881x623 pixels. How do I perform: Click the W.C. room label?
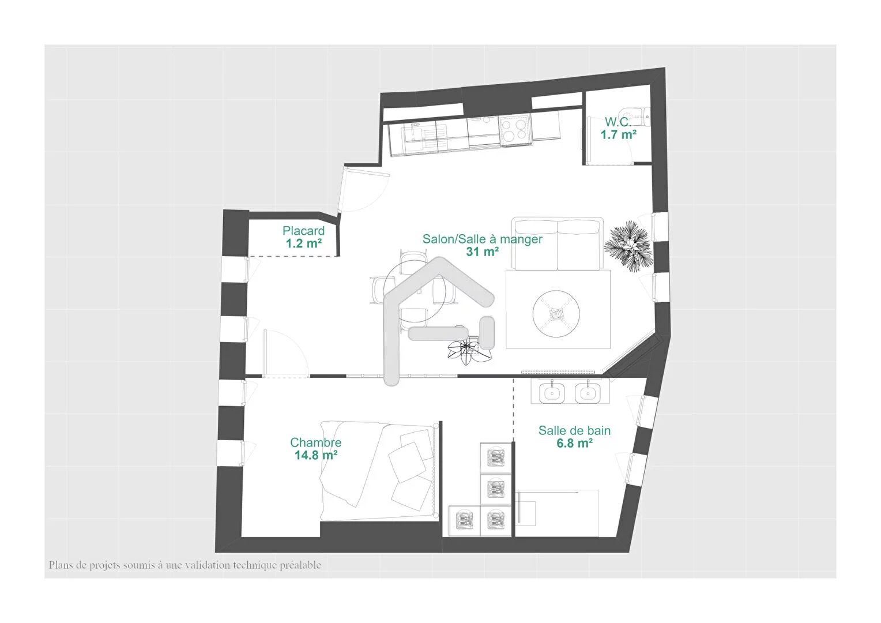(618, 122)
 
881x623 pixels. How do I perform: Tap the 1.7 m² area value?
(618, 134)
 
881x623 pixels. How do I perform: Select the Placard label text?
(304, 231)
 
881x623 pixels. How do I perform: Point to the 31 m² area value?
(482, 252)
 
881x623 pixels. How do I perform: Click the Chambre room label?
(315, 442)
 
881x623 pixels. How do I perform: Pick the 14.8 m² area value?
(316, 455)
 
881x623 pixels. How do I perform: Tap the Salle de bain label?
(574, 430)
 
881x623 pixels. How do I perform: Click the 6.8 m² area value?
(574, 443)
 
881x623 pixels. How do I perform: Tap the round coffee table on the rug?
(556, 314)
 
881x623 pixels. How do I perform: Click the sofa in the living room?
(558, 243)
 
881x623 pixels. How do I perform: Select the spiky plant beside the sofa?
(628, 246)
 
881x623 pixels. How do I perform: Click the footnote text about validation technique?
(185, 565)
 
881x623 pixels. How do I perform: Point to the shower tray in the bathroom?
(558, 513)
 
